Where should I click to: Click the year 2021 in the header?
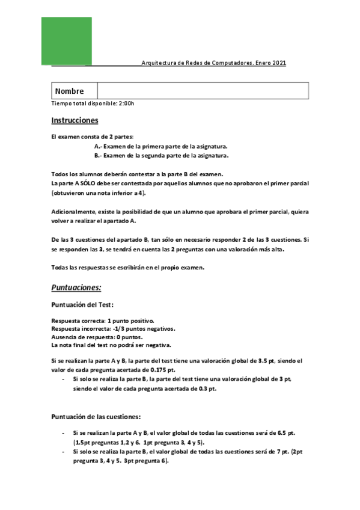278,63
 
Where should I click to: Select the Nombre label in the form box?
69,91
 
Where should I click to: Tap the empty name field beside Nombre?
204,91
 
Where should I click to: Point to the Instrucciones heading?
75,120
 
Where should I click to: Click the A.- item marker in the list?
99,146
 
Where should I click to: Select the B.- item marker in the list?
99,155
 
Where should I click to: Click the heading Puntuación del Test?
82,305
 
